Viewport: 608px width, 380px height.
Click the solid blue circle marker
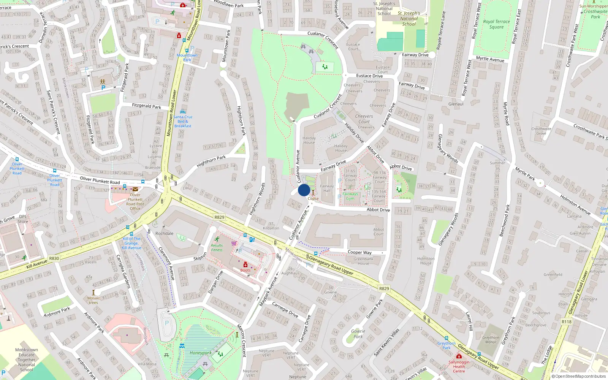coord(304,190)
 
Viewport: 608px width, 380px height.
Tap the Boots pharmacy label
coord(245,270)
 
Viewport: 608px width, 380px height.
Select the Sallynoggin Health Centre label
coord(459,366)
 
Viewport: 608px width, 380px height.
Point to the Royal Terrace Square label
coord(496,24)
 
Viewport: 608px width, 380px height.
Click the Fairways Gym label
coord(350,196)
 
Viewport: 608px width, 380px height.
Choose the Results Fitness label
coord(217,247)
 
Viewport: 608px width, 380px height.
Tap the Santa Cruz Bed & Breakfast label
coord(183,121)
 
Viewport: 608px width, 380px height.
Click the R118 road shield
coord(566,321)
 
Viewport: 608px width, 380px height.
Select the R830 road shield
coord(54,258)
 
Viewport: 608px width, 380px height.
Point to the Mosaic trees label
coord(93,300)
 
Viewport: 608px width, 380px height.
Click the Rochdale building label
coord(165,233)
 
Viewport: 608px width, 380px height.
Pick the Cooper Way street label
coord(359,252)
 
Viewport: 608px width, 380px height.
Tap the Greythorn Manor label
coord(491,340)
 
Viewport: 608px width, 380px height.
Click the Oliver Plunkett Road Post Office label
coord(135,201)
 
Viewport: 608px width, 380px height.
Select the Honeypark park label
coord(201,353)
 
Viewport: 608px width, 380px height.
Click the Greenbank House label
coord(363,261)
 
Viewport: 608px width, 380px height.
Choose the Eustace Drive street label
coord(369,76)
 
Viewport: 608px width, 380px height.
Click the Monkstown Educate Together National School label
coord(27,359)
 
